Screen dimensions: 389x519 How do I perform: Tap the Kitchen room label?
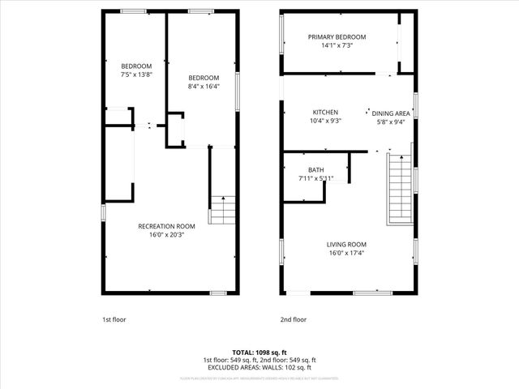pos(325,113)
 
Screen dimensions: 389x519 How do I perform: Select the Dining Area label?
pos(390,113)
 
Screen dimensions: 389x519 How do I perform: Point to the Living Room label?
pos(346,245)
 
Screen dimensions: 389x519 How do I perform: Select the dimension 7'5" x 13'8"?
pos(136,75)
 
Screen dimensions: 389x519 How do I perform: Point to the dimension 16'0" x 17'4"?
pos(346,254)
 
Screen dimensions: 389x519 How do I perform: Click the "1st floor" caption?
pos(114,319)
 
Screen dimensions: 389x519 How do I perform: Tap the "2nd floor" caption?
pos(294,319)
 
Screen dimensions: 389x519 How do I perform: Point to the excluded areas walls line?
pos(259,366)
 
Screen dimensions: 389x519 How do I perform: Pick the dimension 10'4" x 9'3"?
pos(325,122)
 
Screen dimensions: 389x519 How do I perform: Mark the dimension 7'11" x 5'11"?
pos(315,178)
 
